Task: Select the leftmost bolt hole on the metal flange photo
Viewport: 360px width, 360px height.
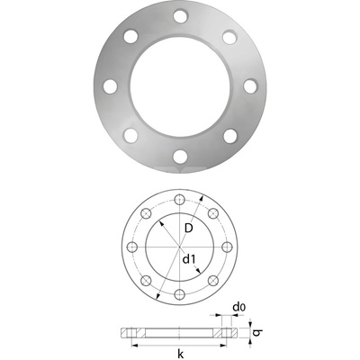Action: point(110,86)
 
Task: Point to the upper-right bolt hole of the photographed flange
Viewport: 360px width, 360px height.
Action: point(230,37)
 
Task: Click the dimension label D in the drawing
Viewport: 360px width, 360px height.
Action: point(187,229)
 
